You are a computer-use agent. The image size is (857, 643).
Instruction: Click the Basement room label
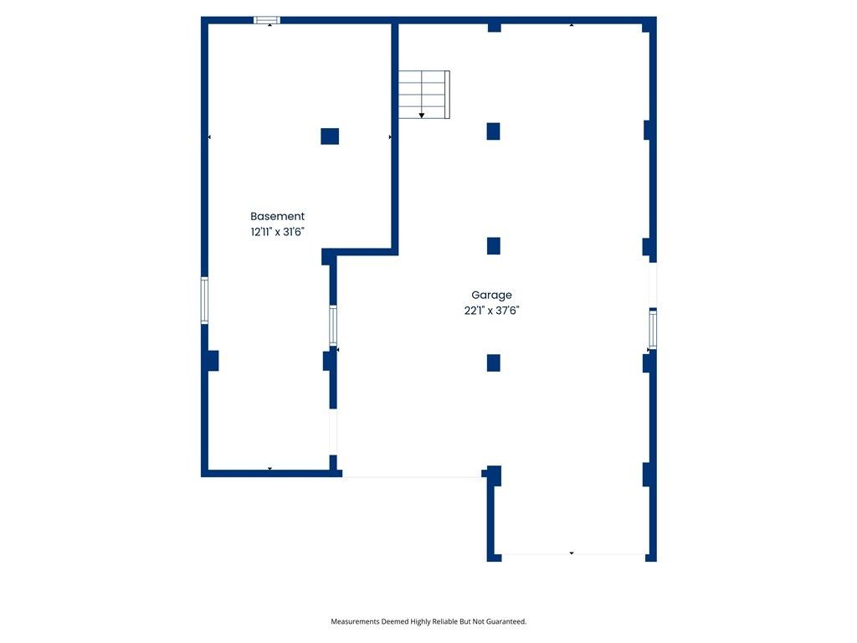click(x=277, y=216)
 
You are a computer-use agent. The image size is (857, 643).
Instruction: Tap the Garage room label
click(x=491, y=295)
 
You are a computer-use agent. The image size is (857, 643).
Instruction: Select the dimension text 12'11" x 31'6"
click(x=277, y=232)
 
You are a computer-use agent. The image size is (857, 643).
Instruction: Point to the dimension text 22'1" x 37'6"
click(x=492, y=310)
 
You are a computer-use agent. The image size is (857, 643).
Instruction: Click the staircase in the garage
click(x=423, y=95)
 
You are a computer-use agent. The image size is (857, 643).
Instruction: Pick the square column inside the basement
click(x=330, y=136)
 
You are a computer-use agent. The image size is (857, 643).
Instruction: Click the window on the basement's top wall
click(x=267, y=19)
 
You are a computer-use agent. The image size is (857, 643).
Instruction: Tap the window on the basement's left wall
click(x=203, y=301)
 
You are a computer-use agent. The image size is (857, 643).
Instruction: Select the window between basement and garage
click(x=333, y=325)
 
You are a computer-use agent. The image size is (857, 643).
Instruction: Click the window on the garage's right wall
click(x=653, y=328)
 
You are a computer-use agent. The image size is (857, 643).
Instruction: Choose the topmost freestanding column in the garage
click(x=494, y=131)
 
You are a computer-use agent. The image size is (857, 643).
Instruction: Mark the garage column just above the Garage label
click(x=494, y=246)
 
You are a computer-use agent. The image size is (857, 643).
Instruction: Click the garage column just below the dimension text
click(x=494, y=363)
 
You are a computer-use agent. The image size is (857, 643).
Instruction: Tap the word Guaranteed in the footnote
click(x=505, y=622)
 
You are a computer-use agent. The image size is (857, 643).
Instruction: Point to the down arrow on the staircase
click(x=422, y=115)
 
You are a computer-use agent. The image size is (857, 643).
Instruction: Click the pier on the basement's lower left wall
click(x=212, y=361)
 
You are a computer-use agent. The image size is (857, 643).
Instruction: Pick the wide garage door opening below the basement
click(x=413, y=476)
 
